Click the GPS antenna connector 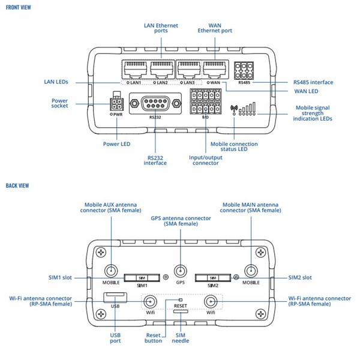(x=179, y=271)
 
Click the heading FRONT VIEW (x=19, y=7)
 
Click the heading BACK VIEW (x=17, y=185)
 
